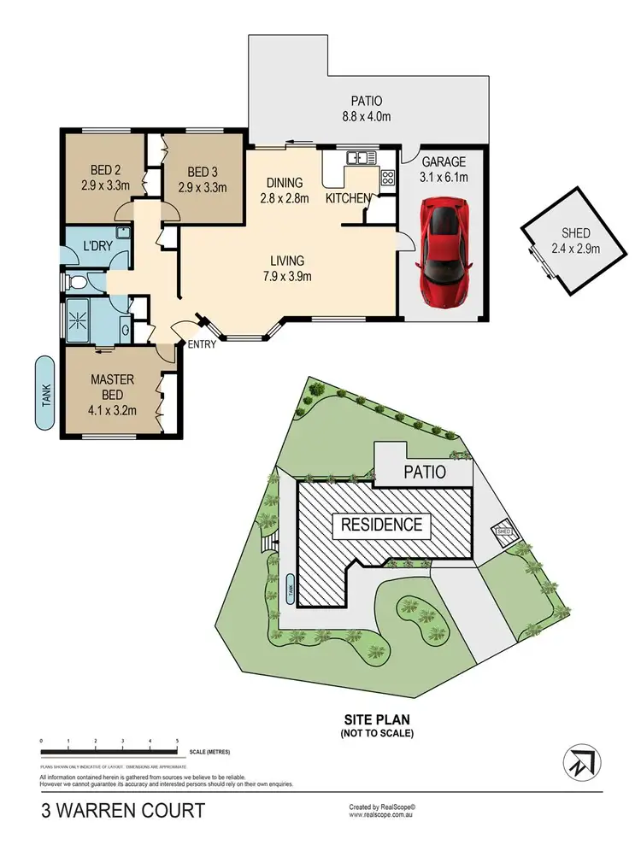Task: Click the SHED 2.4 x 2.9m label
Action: click(x=576, y=241)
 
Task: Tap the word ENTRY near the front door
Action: click(x=202, y=344)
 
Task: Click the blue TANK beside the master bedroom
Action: click(x=48, y=393)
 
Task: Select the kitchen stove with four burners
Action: click(x=387, y=179)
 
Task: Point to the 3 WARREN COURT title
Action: click(x=123, y=810)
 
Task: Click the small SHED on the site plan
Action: click(x=504, y=533)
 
